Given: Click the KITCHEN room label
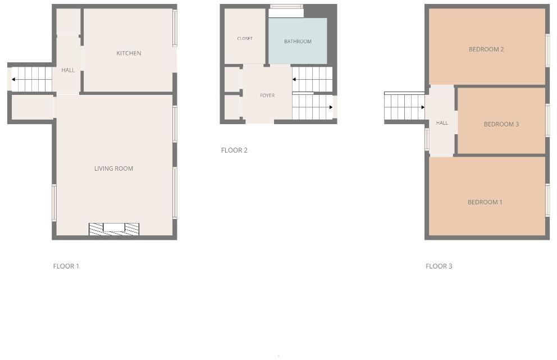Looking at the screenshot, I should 129,53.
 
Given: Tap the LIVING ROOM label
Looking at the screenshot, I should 113,168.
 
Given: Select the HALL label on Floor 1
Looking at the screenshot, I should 68,70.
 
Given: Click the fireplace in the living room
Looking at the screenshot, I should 114,229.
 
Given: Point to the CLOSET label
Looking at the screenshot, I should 245,39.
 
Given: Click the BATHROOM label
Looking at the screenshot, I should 298,42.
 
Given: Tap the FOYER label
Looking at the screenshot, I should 267,95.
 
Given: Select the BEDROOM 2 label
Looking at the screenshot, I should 486,49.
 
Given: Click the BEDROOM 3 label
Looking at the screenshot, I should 501,124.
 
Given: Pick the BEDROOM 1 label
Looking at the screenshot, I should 485,202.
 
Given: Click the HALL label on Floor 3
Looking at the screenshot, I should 442,123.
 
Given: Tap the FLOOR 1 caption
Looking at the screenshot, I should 66,266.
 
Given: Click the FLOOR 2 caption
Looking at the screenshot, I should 234,151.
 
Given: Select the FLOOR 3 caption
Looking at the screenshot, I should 439,266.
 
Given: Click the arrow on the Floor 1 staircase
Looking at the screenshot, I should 13,80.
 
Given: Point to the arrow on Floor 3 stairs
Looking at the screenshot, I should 422,107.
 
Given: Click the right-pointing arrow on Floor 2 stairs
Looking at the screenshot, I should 331,107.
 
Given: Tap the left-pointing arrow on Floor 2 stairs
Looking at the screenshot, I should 294,80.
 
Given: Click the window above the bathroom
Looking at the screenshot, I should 286,7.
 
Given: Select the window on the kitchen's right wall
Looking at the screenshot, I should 175,28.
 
